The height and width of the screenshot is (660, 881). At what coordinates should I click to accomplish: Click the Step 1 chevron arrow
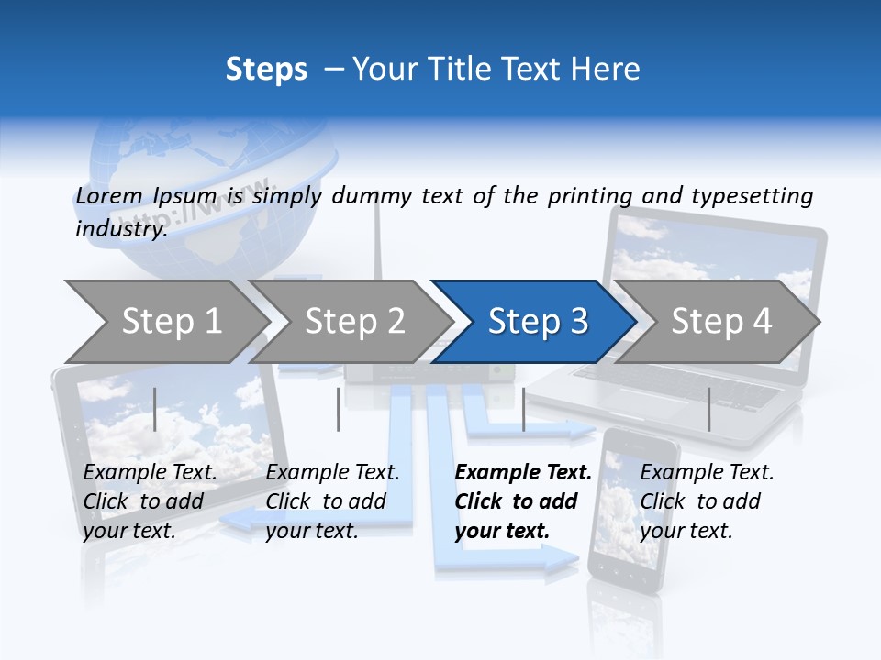tap(171, 322)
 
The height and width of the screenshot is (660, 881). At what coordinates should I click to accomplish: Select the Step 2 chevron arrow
tap(354, 322)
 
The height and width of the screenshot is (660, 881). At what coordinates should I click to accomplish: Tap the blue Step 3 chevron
tap(537, 322)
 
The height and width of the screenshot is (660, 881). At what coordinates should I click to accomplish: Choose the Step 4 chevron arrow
tap(720, 322)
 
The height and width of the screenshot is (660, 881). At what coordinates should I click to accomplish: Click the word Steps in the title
tap(266, 70)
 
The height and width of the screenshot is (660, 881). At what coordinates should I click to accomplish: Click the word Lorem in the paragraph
tap(108, 195)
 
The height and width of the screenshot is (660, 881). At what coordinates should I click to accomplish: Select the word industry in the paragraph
tap(120, 228)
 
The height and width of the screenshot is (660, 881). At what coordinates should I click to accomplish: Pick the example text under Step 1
tap(150, 500)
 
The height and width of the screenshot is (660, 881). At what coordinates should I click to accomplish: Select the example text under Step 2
tap(332, 500)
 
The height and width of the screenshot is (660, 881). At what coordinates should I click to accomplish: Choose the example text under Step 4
tap(707, 500)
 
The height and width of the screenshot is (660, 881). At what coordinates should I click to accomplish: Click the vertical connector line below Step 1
tap(155, 409)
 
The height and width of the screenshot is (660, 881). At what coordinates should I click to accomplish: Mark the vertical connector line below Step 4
tap(708, 409)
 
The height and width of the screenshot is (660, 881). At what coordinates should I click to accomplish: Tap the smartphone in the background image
tap(631, 513)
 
